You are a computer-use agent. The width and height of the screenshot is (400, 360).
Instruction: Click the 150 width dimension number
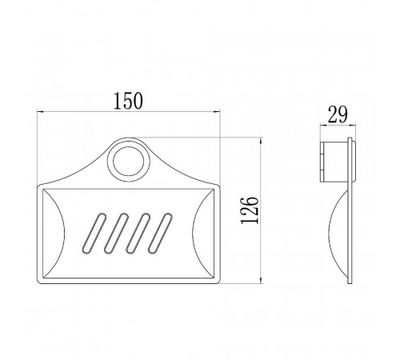pyautogui.click(x=128, y=101)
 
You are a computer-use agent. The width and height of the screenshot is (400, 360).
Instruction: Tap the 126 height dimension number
pyautogui.click(x=250, y=210)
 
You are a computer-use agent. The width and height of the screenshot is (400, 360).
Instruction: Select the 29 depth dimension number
pyautogui.click(x=338, y=114)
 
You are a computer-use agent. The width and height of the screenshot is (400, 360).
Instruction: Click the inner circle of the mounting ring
pyautogui.click(x=129, y=162)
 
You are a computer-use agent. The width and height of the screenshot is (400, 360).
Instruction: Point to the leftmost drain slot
pyautogui.click(x=94, y=233)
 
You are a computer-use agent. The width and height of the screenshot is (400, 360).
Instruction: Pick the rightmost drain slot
pyautogui.click(x=160, y=233)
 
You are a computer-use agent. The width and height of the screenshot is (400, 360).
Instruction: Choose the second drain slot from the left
pyautogui.click(x=116, y=233)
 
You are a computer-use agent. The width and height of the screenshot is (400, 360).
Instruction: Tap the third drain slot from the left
pyautogui.click(x=138, y=233)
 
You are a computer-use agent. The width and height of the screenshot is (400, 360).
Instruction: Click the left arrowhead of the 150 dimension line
pyautogui.click(x=40, y=111)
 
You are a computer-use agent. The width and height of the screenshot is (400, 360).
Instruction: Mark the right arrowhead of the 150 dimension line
pyautogui.click(x=217, y=111)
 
